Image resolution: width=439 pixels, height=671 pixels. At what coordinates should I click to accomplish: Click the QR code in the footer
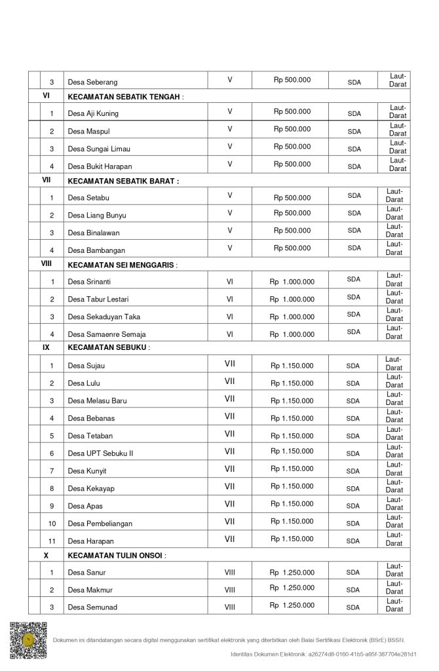[28, 640]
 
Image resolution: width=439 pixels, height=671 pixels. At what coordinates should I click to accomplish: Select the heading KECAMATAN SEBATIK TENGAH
[124, 96]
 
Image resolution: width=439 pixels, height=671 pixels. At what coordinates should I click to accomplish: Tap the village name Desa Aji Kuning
[93, 113]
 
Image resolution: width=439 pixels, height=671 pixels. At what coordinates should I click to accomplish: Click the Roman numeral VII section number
[47, 179]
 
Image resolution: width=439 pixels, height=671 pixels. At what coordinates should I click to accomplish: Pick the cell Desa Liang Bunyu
[97, 215]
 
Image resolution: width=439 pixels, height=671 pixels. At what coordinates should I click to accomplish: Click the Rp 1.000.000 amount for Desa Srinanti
[292, 282]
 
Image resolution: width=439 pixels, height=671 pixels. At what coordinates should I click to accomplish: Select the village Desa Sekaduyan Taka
[104, 316]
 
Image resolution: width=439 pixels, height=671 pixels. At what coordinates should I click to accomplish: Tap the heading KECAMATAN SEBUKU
[107, 347]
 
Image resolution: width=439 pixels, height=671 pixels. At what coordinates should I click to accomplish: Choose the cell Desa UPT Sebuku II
[100, 453]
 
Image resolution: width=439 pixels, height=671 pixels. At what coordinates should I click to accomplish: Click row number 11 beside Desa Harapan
[52, 541]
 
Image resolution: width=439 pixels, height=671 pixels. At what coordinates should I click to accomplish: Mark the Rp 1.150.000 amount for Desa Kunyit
[292, 469]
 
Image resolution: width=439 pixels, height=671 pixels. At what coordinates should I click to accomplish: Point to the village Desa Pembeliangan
[100, 523]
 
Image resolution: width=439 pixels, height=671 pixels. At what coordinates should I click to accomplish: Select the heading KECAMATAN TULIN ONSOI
[115, 555]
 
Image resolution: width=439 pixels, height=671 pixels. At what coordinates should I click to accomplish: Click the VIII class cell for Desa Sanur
[230, 572]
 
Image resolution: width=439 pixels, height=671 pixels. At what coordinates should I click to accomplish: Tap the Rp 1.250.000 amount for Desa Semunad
[292, 605]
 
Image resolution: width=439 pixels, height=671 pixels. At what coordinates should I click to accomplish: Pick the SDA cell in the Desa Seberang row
[354, 83]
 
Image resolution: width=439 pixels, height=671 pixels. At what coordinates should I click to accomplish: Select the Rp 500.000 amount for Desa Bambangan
[292, 248]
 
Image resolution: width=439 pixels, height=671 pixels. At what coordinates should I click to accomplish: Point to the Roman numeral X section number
[46, 555]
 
